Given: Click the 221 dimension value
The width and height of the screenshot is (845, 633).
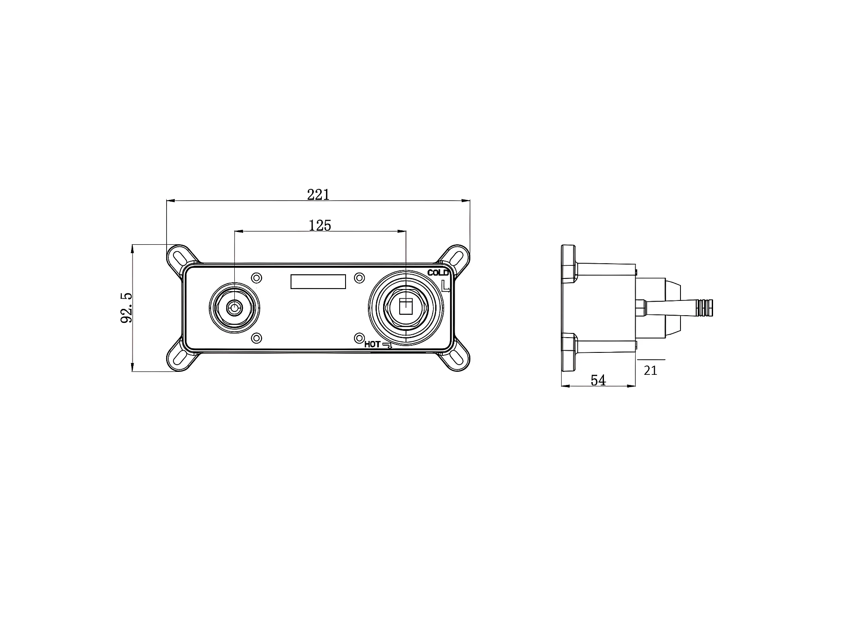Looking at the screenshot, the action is pos(318,195).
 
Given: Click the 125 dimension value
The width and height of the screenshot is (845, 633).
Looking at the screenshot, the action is pos(320,226).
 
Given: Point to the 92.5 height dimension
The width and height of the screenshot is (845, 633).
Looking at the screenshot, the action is pos(126,308).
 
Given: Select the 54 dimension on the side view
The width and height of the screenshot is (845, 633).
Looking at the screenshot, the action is pos(598,381).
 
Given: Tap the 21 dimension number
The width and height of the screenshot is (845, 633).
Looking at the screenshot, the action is pos(650,371).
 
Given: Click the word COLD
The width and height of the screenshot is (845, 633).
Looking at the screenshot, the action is pos(438,273).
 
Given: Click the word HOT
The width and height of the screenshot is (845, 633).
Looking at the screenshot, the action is pos(372,344).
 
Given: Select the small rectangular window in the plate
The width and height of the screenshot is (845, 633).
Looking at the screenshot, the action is pos(318,281).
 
